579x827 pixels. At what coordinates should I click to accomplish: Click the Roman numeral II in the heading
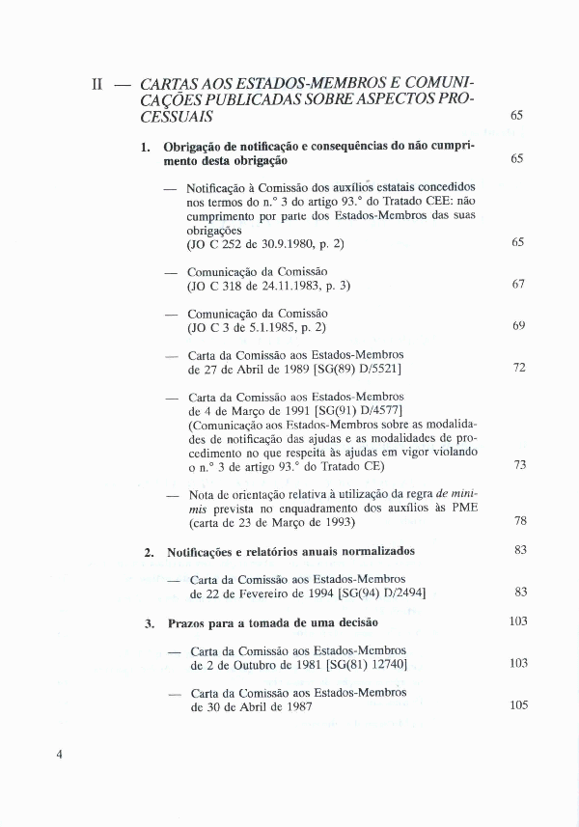(96, 84)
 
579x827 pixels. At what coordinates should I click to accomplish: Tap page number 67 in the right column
(518, 284)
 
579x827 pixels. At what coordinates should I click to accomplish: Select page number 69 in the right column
(518, 325)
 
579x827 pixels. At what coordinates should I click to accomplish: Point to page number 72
(518, 368)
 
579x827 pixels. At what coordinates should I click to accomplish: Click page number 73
(518, 464)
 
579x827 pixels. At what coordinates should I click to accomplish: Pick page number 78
(518, 520)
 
